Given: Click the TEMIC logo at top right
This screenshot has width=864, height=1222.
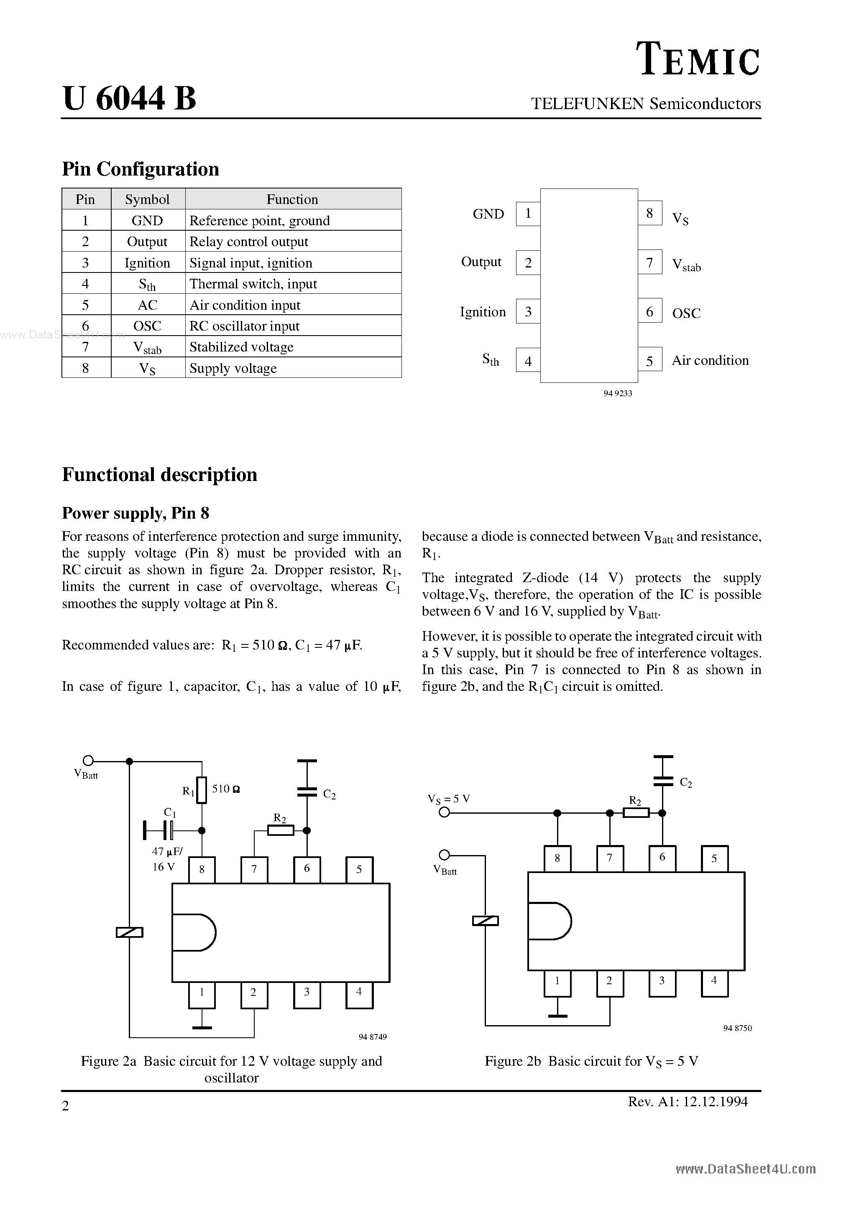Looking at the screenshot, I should click(698, 60).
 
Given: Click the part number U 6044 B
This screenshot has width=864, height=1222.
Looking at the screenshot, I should click(130, 99).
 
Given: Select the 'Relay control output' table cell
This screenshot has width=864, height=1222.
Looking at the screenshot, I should click(293, 242).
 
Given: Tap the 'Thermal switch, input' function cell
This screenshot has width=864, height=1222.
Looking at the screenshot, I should click(293, 284).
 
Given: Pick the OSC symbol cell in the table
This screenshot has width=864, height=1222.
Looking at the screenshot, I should click(148, 326).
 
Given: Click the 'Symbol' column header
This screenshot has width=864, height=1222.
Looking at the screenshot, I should click(148, 199).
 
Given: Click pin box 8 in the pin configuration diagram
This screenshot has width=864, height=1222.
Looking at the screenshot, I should click(650, 214).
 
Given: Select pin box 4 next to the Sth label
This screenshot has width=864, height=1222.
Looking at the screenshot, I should click(528, 361).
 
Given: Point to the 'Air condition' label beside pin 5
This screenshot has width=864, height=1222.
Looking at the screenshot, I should click(710, 360).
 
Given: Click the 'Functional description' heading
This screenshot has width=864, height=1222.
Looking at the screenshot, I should click(159, 474).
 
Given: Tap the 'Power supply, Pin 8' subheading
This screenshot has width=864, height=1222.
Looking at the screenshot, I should click(135, 513).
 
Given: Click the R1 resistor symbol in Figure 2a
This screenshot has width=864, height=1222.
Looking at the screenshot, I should click(201, 790).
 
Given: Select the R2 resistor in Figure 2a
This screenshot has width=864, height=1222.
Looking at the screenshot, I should click(280, 830).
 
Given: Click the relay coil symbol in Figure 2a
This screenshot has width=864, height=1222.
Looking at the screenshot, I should click(130, 932).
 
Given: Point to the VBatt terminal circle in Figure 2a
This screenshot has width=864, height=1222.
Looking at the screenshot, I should click(88, 761).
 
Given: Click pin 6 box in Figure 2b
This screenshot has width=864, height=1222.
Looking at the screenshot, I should click(662, 858).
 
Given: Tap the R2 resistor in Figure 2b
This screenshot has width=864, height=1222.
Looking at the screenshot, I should click(636, 813).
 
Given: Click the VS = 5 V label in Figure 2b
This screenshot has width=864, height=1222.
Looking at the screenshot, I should click(448, 799).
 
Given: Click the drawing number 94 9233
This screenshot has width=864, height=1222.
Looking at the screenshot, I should click(618, 393).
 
